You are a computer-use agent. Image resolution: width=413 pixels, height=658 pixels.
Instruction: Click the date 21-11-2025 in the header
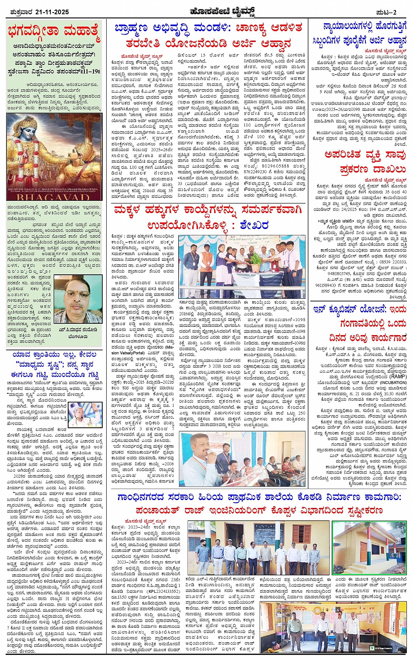[52, 12]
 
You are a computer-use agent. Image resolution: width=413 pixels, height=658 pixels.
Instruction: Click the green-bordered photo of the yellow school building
[369, 549]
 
